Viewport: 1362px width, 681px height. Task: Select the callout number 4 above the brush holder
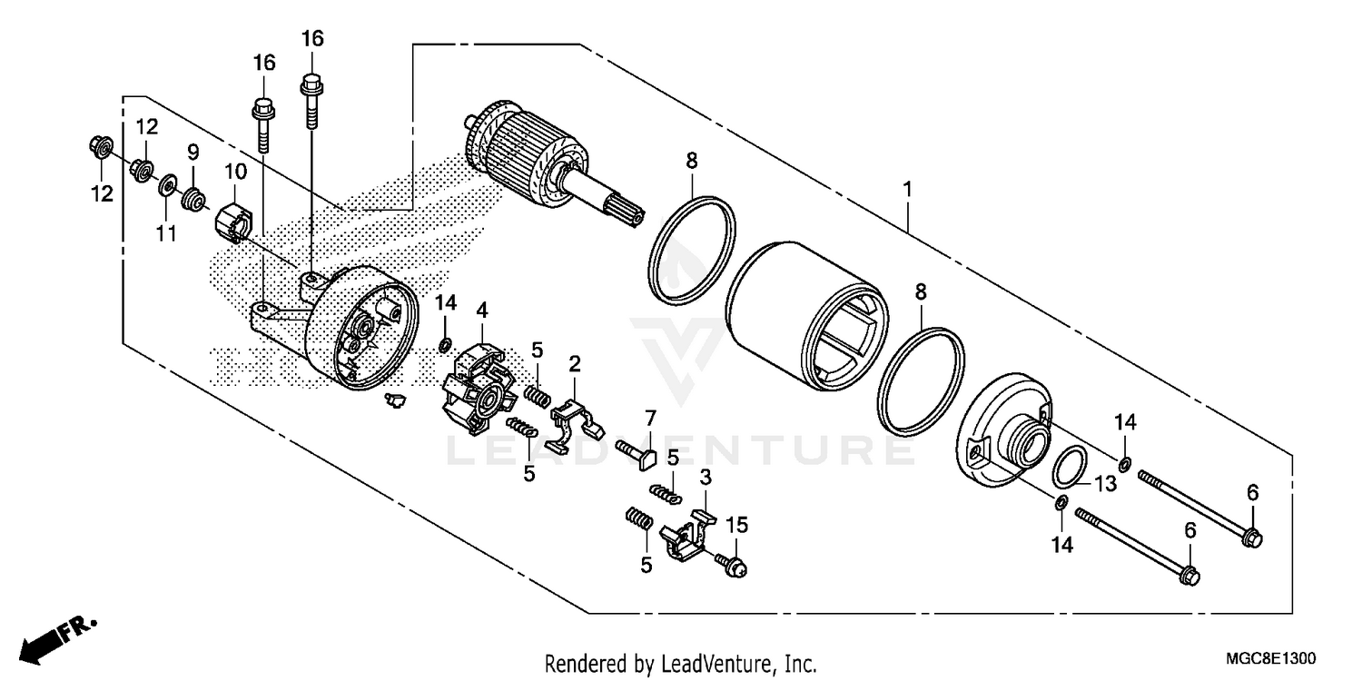pos(481,311)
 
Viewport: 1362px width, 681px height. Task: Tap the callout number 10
pos(235,171)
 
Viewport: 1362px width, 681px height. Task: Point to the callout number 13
pos(1103,485)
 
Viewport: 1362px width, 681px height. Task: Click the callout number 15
pos(736,525)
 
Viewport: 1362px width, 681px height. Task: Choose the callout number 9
pos(192,153)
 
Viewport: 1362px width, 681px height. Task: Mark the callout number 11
pos(164,234)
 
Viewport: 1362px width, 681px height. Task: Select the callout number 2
pos(575,364)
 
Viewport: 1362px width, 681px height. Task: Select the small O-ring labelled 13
pos(1070,467)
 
